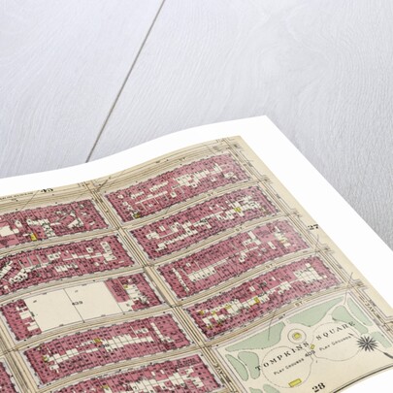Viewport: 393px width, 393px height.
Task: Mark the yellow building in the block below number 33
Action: (34, 233)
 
